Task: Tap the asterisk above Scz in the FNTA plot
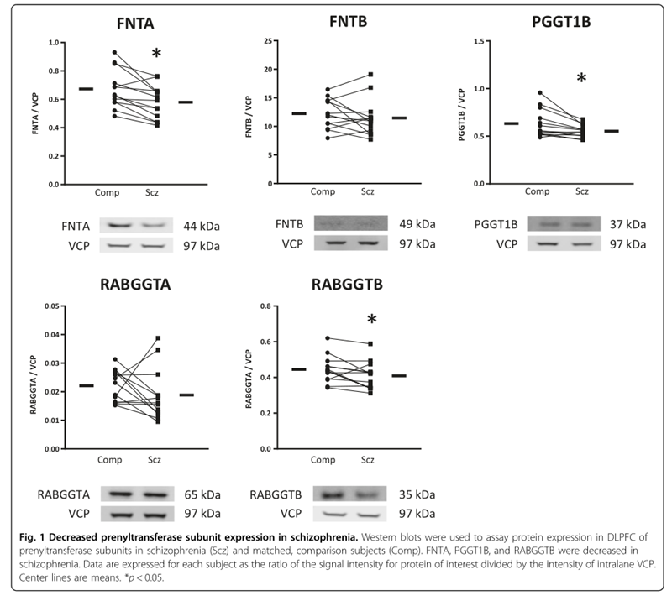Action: [156, 55]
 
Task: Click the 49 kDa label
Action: [419, 224]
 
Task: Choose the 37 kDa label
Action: [628, 224]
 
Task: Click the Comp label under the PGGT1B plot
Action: [538, 191]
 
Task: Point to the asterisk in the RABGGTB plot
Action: [371, 320]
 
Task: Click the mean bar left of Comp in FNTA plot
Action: [86, 88]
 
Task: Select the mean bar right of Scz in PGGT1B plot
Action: [612, 131]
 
